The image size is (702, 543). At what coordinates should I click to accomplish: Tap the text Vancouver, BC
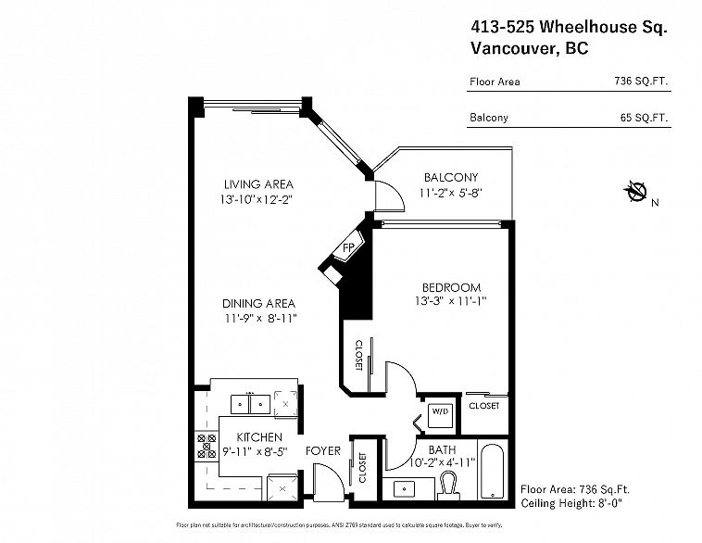pos(529,50)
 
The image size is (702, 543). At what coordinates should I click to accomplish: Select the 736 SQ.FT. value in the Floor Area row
pos(640,82)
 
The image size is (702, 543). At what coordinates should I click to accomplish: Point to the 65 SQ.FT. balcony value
pos(645,118)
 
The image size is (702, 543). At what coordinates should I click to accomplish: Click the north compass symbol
pos(635,193)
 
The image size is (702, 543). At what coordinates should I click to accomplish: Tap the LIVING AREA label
pos(245,183)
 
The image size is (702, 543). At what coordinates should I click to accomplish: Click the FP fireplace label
pos(348,248)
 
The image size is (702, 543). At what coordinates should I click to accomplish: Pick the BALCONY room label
pos(450,178)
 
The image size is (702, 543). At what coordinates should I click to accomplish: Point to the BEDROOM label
pos(448,287)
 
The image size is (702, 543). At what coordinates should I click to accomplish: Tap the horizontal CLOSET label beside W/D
pos(483,406)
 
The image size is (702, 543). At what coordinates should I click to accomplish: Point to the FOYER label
pos(324,451)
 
